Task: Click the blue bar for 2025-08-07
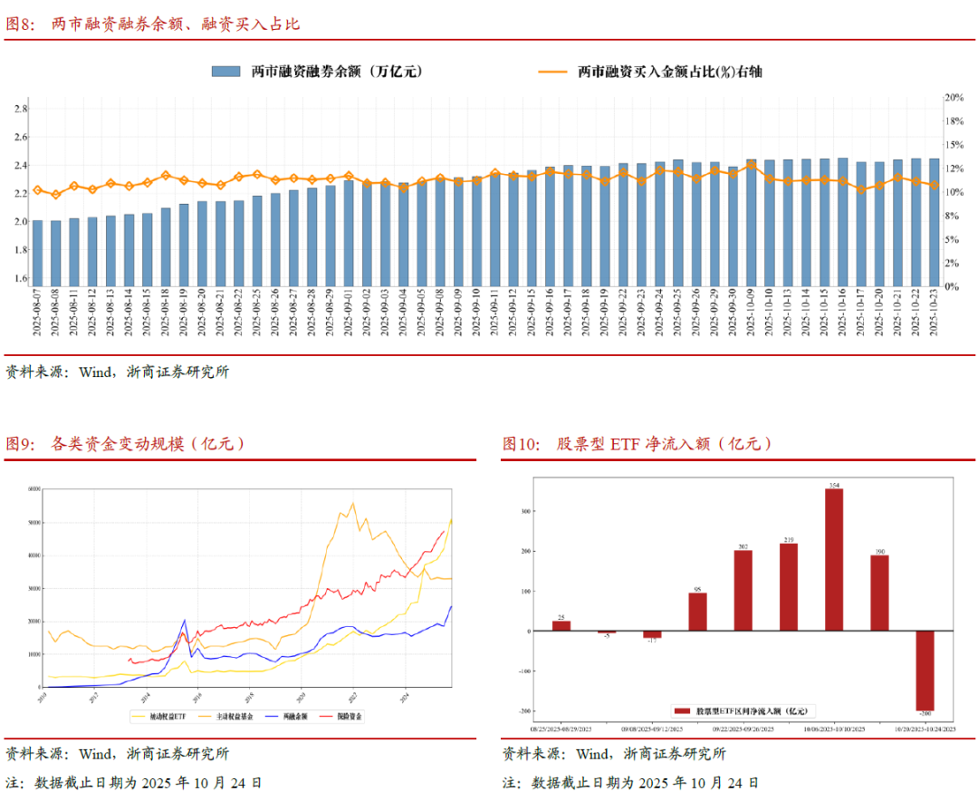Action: pos(37,253)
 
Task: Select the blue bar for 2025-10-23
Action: pos(934,222)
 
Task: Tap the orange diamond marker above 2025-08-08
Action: pos(56,195)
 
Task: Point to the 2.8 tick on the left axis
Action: pos(20,109)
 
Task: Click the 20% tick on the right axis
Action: pos(954,97)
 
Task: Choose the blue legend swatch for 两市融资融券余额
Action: pos(225,71)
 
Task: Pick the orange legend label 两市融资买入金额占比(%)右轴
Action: pos(669,71)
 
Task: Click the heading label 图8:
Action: pos(20,24)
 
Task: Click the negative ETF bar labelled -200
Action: pos(925,671)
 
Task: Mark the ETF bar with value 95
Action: pos(697,612)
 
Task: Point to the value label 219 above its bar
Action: pos(789,538)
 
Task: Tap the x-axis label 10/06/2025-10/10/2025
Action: pos(833,729)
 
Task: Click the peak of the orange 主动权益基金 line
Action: pos(352,504)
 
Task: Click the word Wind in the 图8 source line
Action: pos(94,372)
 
